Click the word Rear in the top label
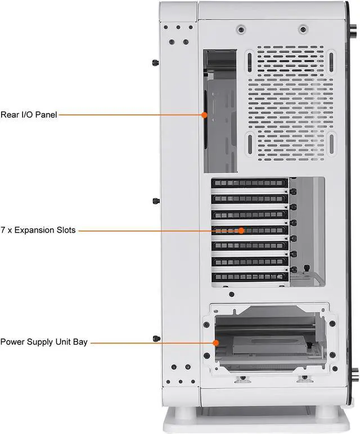11,115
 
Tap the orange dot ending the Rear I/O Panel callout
205,115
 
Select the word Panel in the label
45,115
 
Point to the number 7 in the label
3,230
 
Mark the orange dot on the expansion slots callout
241,230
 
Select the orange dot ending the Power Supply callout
215,342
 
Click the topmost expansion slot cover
249,183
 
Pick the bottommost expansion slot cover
249,276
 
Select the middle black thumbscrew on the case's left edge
155,200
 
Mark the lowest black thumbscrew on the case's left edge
155,338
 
